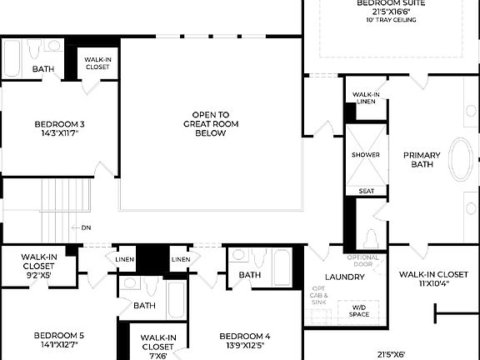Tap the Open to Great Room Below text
(x=211, y=123)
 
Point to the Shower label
(x=365, y=155)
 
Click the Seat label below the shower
(x=366, y=191)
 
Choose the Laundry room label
(x=344, y=277)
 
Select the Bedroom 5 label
(x=59, y=335)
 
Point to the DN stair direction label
(x=86, y=227)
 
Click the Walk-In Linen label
(x=366, y=97)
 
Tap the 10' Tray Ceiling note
(x=391, y=20)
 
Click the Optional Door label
(x=363, y=261)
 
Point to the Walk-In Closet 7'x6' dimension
(x=157, y=355)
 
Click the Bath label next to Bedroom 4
(x=250, y=274)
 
